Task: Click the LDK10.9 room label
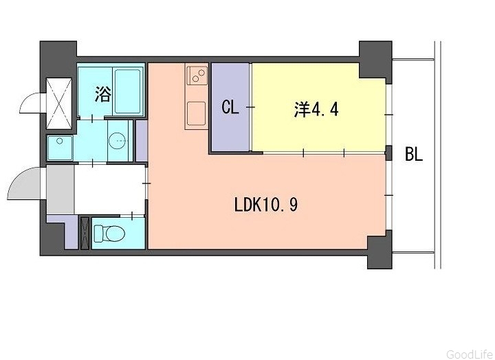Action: point(266,205)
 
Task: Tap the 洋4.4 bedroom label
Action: point(316,109)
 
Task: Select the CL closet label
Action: point(230,107)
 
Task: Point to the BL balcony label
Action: point(414,155)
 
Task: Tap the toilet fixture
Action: point(109,233)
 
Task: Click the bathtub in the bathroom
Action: point(128,91)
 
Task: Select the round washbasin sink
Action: point(118,140)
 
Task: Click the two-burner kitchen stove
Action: point(197,75)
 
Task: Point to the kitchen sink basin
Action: point(197,113)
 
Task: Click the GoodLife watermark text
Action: point(469,354)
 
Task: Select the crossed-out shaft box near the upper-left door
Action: point(59,104)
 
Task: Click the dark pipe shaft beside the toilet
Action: point(85,233)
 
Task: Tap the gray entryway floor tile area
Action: point(60,190)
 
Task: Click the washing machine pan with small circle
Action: point(60,147)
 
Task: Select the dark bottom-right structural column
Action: point(379,250)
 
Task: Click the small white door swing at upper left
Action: point(31,102)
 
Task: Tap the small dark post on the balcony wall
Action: point(389,153)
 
